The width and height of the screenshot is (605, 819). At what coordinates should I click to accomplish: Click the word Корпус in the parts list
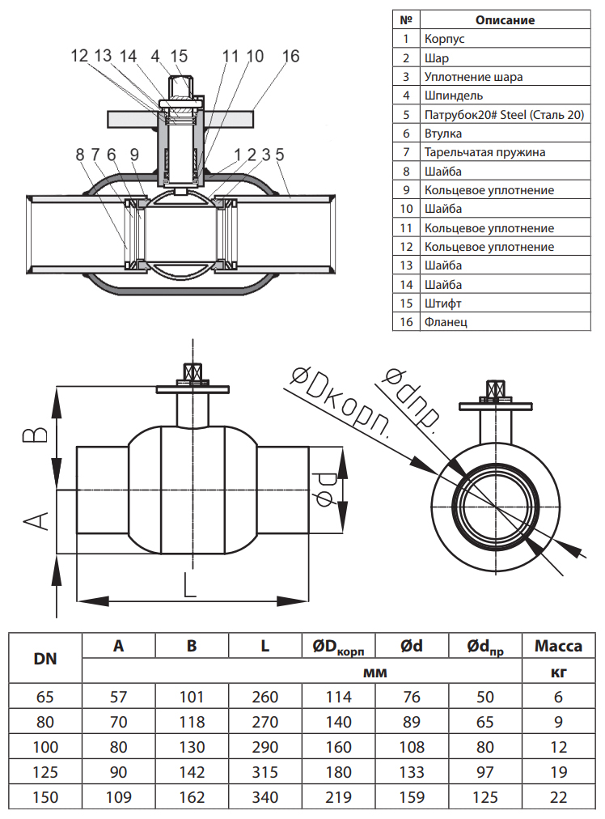pos(445,39)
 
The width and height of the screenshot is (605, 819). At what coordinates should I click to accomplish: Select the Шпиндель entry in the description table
pos(454,95)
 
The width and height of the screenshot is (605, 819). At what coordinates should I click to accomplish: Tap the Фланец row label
pos(446,322)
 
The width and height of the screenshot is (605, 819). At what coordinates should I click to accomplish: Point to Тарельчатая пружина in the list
pos(484,152)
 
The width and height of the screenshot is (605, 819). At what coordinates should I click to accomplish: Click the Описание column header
pos(505,20)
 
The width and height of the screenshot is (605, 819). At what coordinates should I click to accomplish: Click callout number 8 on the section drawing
pos(79,154)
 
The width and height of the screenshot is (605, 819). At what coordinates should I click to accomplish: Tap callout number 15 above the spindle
pos(179,57)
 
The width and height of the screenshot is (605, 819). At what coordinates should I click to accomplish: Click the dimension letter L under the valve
pos(189,584)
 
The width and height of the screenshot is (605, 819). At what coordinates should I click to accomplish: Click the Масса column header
pos(558,646)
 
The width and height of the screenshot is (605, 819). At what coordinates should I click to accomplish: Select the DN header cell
pos(45,658)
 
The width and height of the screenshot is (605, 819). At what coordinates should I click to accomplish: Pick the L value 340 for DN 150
pos(264,797)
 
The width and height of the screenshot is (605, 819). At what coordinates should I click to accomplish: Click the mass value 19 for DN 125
pos(558,772)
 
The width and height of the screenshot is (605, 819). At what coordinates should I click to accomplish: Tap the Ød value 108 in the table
pos(412,747)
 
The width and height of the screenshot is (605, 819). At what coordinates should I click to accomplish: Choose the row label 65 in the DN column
pos(45,697)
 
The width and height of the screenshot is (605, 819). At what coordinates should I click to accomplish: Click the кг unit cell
pos(558,672)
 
